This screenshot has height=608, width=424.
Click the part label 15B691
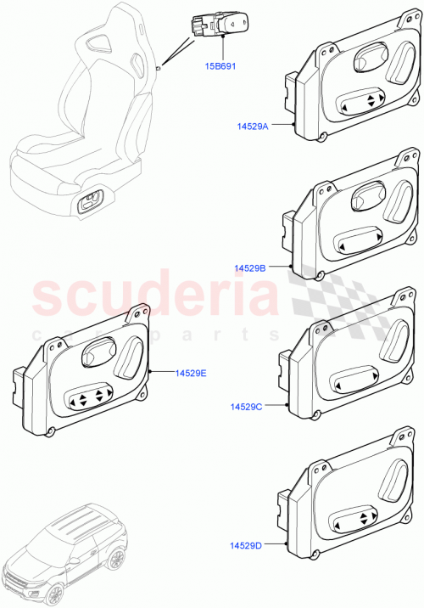[x=219, y=65]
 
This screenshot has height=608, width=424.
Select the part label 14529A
[x=253, y=127]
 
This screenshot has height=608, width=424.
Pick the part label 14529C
[x=246, y=407]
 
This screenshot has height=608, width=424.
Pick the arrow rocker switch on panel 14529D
[x=352, y=524]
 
